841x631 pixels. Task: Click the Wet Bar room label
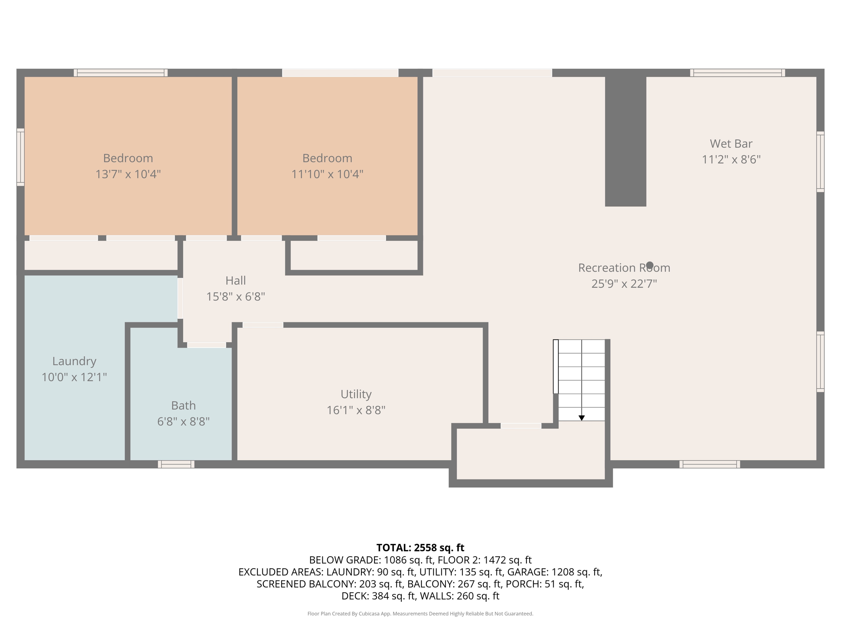click(731, 144)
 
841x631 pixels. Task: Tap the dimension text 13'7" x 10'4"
click(128, 174)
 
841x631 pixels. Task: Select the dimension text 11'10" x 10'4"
click(327, 174)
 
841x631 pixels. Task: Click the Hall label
click(235, 281)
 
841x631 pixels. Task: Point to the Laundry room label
click(74, 361)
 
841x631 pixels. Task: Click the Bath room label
click(183, 405)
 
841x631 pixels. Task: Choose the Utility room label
click(356, 394)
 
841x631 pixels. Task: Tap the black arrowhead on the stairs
click(581, 418)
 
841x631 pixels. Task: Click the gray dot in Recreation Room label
click(650, 265)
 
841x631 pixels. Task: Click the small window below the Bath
click(176, 464)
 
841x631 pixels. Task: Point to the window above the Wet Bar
click(738, 73)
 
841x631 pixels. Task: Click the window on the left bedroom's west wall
click(20, 157)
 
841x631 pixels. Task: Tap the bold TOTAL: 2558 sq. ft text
click(420, 548)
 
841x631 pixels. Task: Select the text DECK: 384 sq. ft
click(378, 596)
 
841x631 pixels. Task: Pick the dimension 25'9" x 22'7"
click(624, 284)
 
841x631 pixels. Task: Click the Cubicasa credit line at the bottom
click(420, 614)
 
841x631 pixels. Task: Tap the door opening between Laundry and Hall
click(180, 298)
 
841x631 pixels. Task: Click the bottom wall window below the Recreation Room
click(710, 464)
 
